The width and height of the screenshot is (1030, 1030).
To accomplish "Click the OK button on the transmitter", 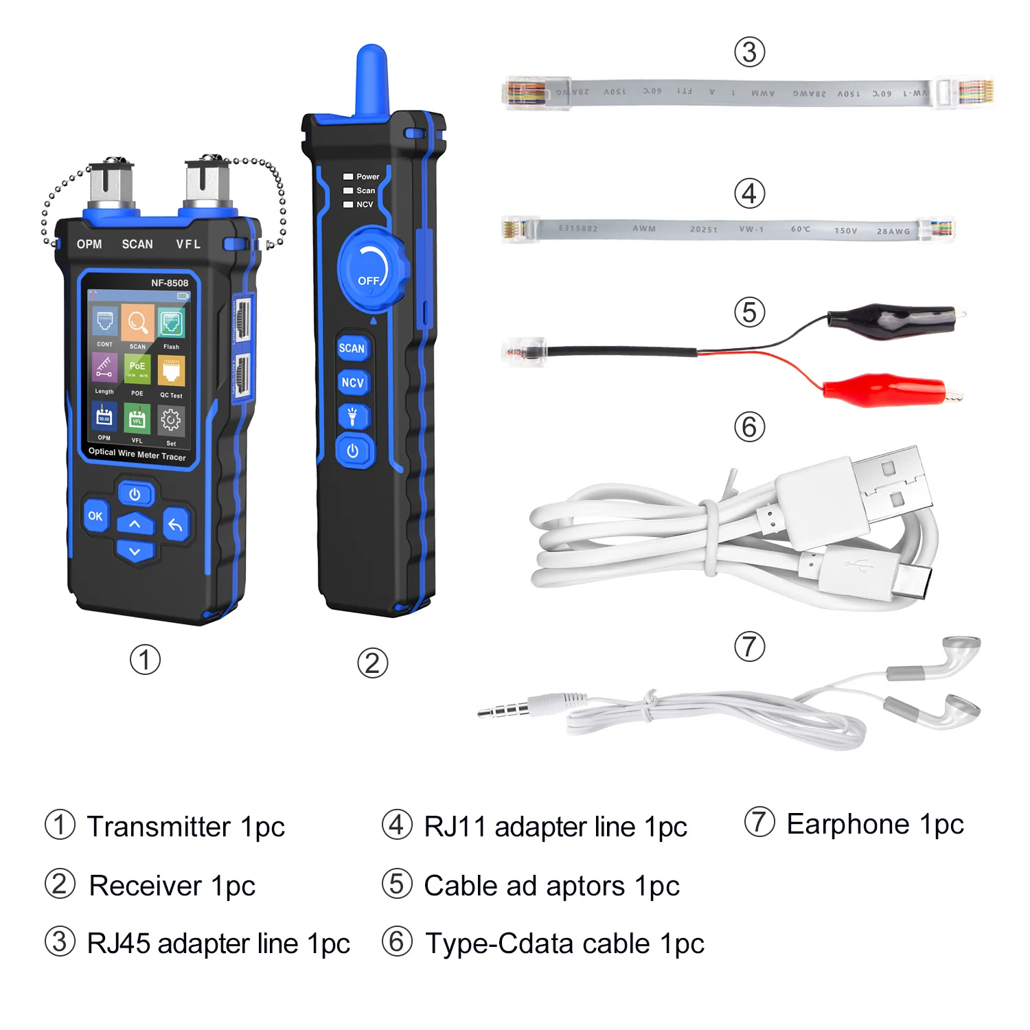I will pyautogui.click(x=95, y=516).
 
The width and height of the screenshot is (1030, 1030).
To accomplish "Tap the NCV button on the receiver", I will pyautogui.click(x=352, y=382).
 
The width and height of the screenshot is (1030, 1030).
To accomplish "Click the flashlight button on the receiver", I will pyautogui.click(x=352, y=416).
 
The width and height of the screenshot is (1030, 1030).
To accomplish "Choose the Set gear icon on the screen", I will pyautogui.click(x=170, y=420).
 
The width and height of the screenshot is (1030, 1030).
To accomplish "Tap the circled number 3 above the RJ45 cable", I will pyautogui.click(x=749, y=52).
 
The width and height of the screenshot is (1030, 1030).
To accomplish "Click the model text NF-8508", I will pyautogui.click(x=170, y=283).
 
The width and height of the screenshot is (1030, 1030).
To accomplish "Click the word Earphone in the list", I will pyautogui.click(x=848, y=824).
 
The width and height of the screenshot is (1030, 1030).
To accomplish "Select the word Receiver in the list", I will pyautogui.click(x=146, y=886).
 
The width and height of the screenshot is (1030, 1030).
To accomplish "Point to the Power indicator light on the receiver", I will pyautogui.click(x=348, y=176).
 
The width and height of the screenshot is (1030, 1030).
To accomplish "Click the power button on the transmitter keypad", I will pyautogui.click(x=135, y=494).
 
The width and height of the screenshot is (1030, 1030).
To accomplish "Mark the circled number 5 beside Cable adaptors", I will pyautogui.click(x=397, y=884).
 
